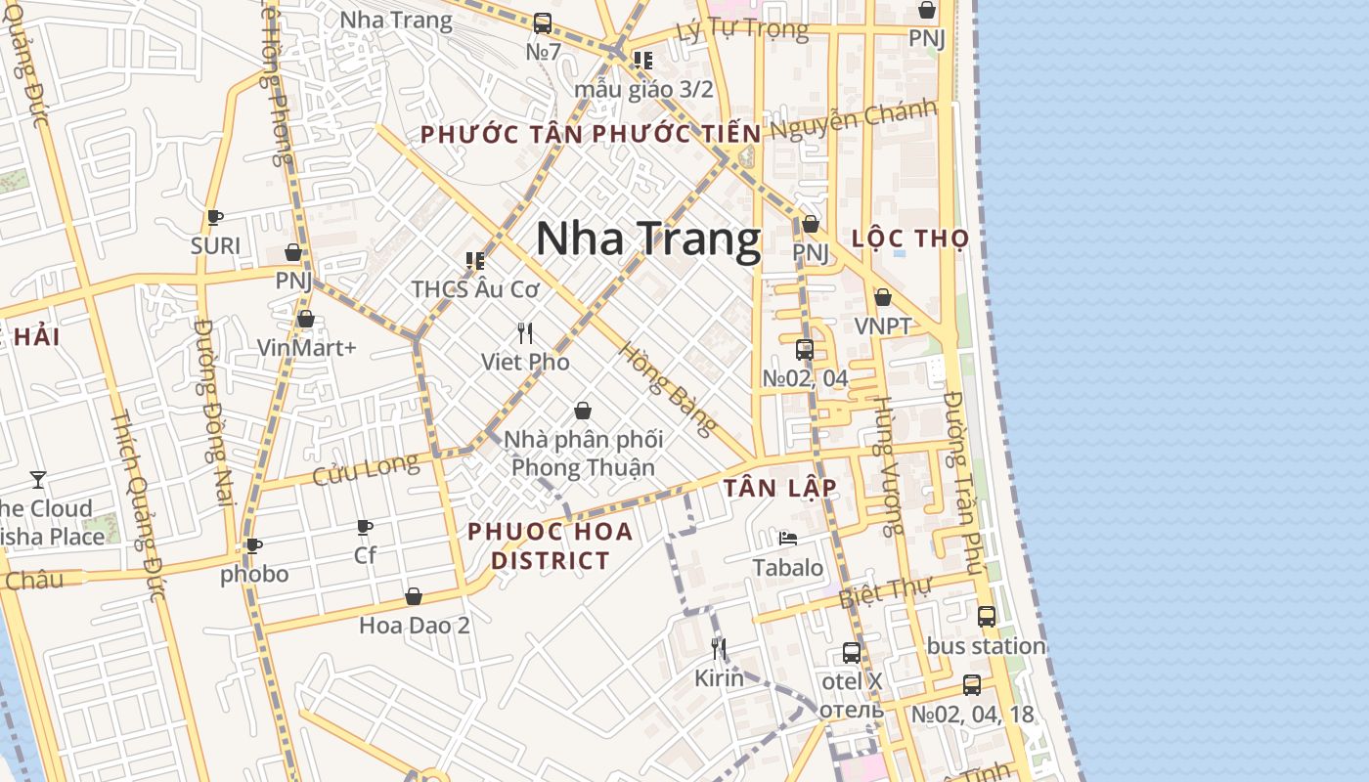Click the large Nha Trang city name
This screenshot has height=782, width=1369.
648,239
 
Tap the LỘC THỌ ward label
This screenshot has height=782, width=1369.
910,239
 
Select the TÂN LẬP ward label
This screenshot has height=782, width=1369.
780,488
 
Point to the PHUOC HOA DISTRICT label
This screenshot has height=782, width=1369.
551,546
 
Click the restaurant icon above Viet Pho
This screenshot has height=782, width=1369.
525,333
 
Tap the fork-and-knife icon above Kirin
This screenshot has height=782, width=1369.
719,649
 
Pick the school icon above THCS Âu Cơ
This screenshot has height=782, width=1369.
475,261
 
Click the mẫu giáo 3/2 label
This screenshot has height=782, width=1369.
643,89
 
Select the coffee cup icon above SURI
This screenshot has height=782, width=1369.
215,217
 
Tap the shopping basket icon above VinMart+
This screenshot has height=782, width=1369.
306,319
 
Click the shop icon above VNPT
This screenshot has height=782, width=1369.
883,297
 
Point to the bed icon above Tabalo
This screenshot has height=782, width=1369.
787,538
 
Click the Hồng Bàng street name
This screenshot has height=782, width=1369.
669,389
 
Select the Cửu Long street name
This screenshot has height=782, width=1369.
366,470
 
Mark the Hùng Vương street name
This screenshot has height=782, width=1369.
888,466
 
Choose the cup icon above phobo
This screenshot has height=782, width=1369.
254,545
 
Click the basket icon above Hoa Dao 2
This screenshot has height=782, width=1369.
414,596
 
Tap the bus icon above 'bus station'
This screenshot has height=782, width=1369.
987,617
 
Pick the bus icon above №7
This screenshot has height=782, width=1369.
543,22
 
